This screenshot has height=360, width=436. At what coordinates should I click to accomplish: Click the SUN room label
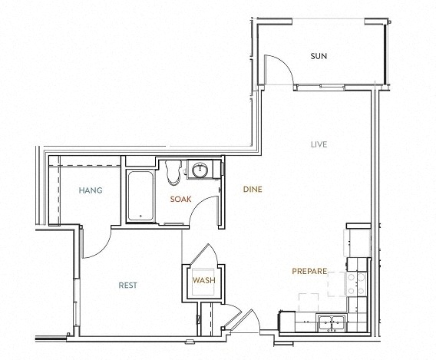(x=319, y=56)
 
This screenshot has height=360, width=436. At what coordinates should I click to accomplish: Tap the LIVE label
(x=319, y=144)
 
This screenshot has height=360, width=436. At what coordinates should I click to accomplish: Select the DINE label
(x=253, y=190)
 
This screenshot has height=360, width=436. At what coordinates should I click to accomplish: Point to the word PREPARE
(x=309, y=271)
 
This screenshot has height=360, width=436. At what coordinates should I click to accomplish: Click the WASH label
(x=204, y=280)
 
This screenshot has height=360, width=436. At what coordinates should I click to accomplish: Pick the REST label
(x=127, y=286)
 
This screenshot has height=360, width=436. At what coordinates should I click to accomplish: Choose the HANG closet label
(x=91, y=190)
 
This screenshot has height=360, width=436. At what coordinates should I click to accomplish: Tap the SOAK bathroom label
(x=180, y=199)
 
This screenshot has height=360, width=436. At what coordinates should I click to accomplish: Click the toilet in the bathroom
(x=173, y=172)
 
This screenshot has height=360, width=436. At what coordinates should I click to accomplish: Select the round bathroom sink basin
(x=200, y=170)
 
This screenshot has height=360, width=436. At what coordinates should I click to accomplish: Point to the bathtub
(x=140, y=197)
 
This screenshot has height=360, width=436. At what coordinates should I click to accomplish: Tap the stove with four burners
(x=356, y=284)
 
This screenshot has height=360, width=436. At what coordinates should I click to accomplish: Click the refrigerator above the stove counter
(x=358, y=243)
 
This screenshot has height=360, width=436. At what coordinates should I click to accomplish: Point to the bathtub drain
(x=140, y=216)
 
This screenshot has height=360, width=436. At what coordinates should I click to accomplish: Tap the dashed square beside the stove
(x=337, y=284)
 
